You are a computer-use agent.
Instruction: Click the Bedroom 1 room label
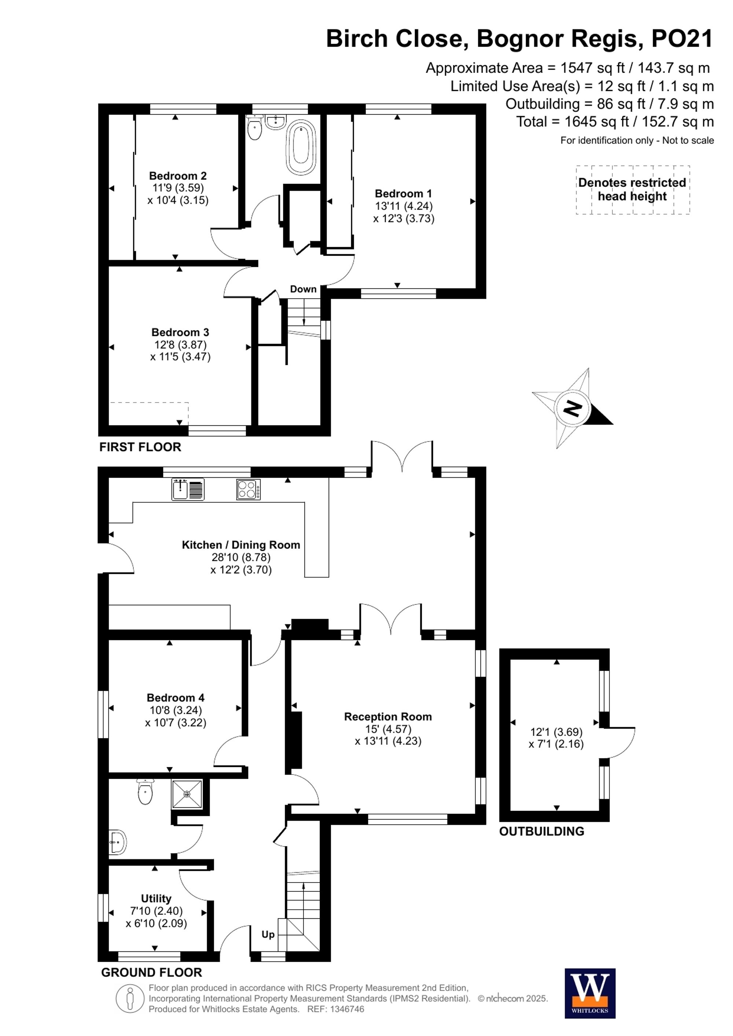click(403, 193)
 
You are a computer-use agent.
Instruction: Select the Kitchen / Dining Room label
click(240, 545)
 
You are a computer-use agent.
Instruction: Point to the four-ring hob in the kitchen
click(248, 489)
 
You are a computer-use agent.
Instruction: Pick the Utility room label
click(156, 898)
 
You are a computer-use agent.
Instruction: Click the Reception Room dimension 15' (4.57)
click(388, 729)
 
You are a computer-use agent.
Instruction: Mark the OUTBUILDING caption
click(541, 831)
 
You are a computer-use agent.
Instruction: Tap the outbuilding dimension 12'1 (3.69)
click(556, 732)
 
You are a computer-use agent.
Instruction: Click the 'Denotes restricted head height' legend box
click(632, 189)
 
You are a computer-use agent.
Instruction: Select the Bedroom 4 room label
click(176, 698)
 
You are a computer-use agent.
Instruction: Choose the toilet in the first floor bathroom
click(255, 129)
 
